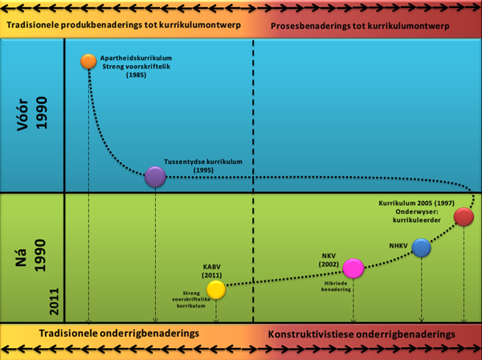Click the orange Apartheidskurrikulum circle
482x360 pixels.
[88, 61]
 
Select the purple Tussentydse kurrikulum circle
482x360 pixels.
[155, 177]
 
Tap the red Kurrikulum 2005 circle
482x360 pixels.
[464, 217]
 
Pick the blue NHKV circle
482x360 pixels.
[421, 247]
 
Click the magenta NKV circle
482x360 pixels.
[353, 268]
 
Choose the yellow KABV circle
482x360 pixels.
[215, 289]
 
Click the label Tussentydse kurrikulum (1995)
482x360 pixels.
[203, 166]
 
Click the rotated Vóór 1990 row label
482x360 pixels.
[31, 115]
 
